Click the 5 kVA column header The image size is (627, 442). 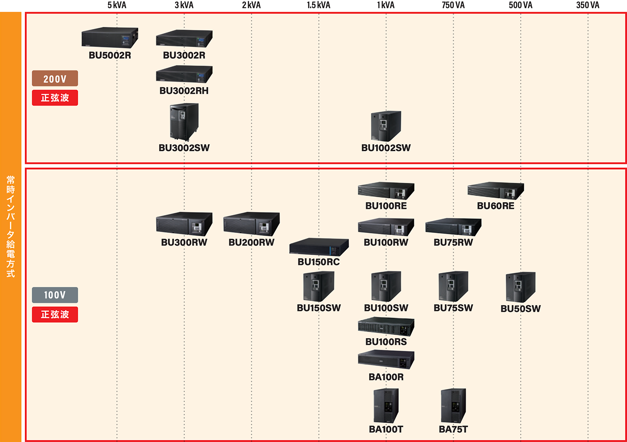pyautogui.click(x=117, y=5)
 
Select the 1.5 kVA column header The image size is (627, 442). pyautogui.click(x=319, y=5)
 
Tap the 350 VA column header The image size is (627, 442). pyautogui.click(x=588, y=5)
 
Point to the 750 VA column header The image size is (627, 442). pyautogui.click(x=453, y=5)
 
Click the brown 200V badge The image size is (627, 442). pyautogui.click(x=55, y=78)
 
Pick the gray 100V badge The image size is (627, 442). pyautogui.click(x=55, y=295)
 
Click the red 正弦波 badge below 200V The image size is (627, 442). pyautogui.click(x=55, y=98)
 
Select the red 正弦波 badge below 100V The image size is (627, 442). pyautogui.click(x=55, y=314)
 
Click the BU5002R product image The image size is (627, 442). pyautogui.click(x=110, y=37)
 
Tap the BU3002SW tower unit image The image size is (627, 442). pyautogui.click(x=184, y=122)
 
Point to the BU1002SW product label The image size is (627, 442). pyautogui.click(x=386, y=148)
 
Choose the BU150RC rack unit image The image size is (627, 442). pyautogui.click(x=319, y=247)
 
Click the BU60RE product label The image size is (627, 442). pyautogui.click(x=495, y=206)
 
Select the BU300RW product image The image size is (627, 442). pyautogui.click(x=184, y=224)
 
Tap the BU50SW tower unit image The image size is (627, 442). pyautogui.click(x=520, y=287)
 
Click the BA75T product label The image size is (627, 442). pyautogui.click(x=453, y=429)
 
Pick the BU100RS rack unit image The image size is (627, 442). pyautogui.click(x=386, y=326)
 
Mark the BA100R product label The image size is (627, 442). pyautogui.click(x=386, y=377)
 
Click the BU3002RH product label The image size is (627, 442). pyautogui.click(x=184, y=91)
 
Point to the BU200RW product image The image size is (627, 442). pyautogui.click(x=251, y=224)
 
